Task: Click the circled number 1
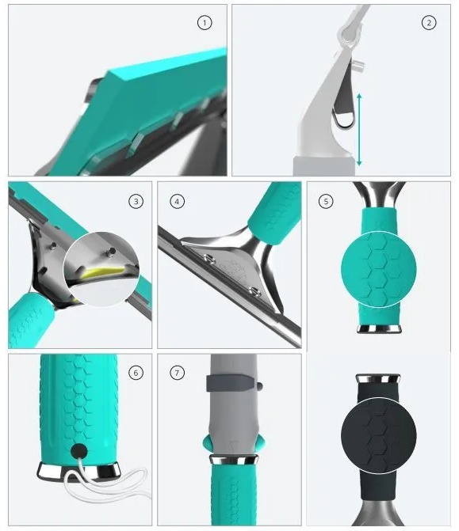click(x=205, y=23)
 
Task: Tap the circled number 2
click(x=428, y=23)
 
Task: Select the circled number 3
click(x=136, y=202)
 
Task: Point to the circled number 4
click(x=177, y=202)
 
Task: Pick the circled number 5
click(x=326, y=202)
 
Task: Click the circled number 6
click(x=136, y=373)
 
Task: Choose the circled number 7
click(x=177, y=373)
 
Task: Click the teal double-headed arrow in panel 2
click(x=359, y=130)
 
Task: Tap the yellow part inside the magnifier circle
click(x=101, y=272)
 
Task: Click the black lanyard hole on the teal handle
click(x=79, y=451)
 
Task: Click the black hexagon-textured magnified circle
click(x=378, y=435)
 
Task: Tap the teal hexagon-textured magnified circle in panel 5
click(x=378, y=269)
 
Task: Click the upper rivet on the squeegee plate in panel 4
click(x=209, y=260)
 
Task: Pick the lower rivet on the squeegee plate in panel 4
click(x=254, y=290)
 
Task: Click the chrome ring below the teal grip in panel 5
click(x=379, y=328)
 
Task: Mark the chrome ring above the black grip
click(x=378, y=378)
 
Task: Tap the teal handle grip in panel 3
click(x=30, y=320)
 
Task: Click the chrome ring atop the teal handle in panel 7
click(x=233, y=460)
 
